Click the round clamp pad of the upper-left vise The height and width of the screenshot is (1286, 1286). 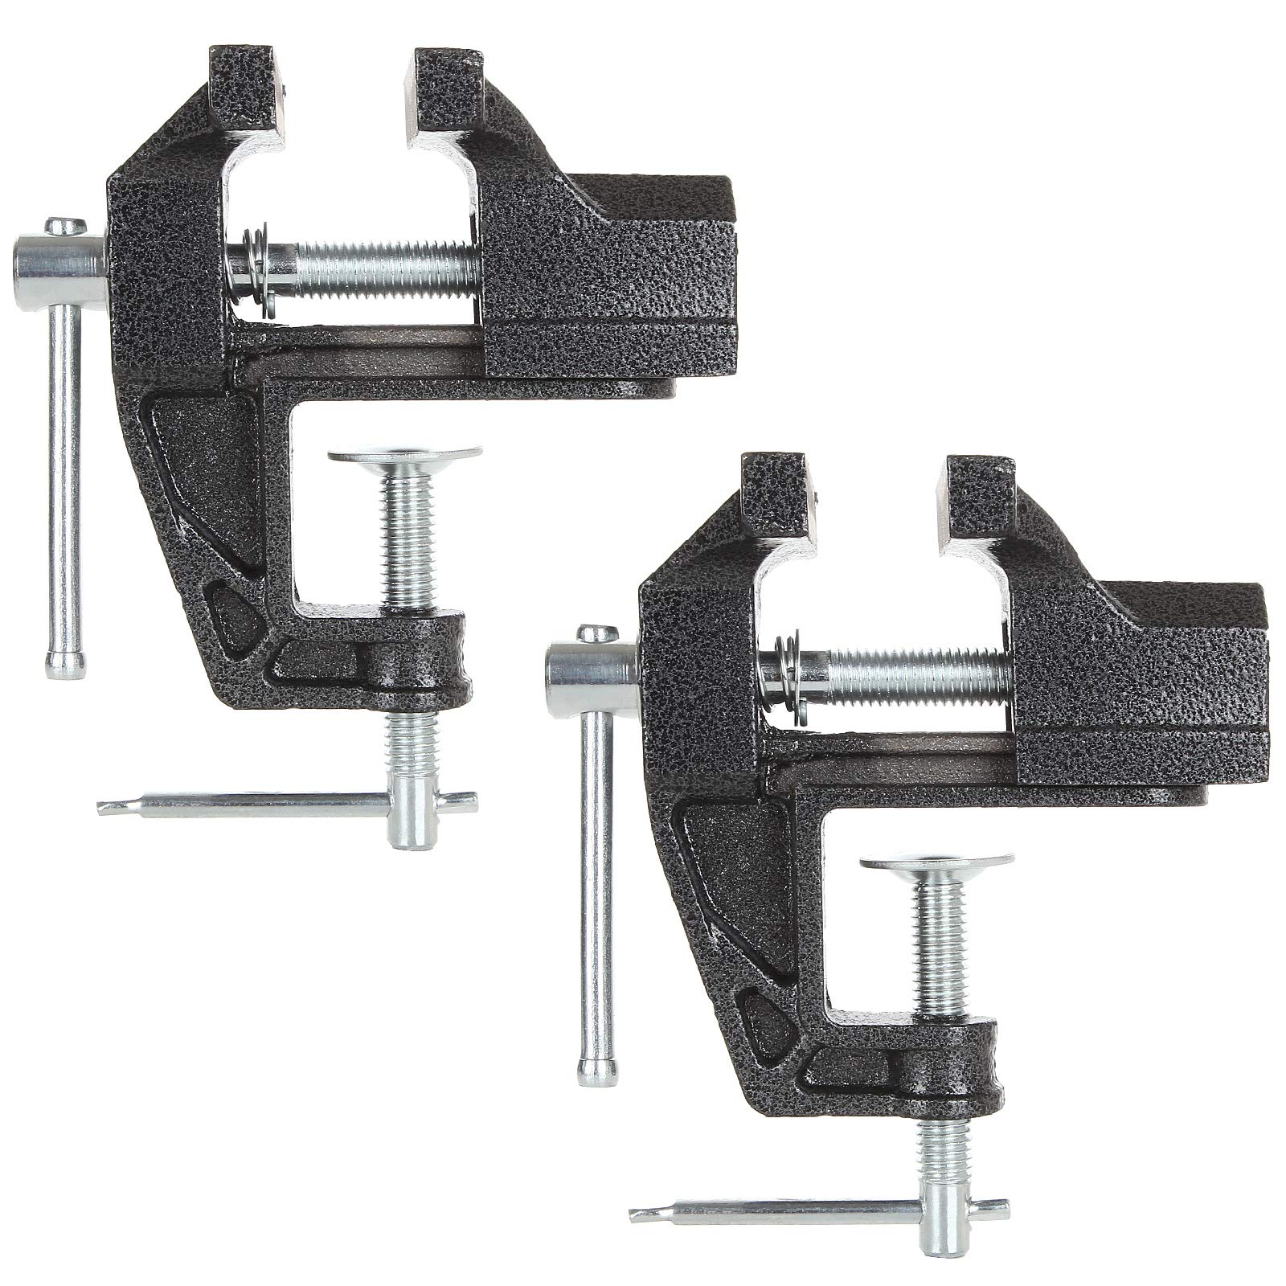click(406, 455)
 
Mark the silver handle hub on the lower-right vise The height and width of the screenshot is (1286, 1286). click(592, 668)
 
